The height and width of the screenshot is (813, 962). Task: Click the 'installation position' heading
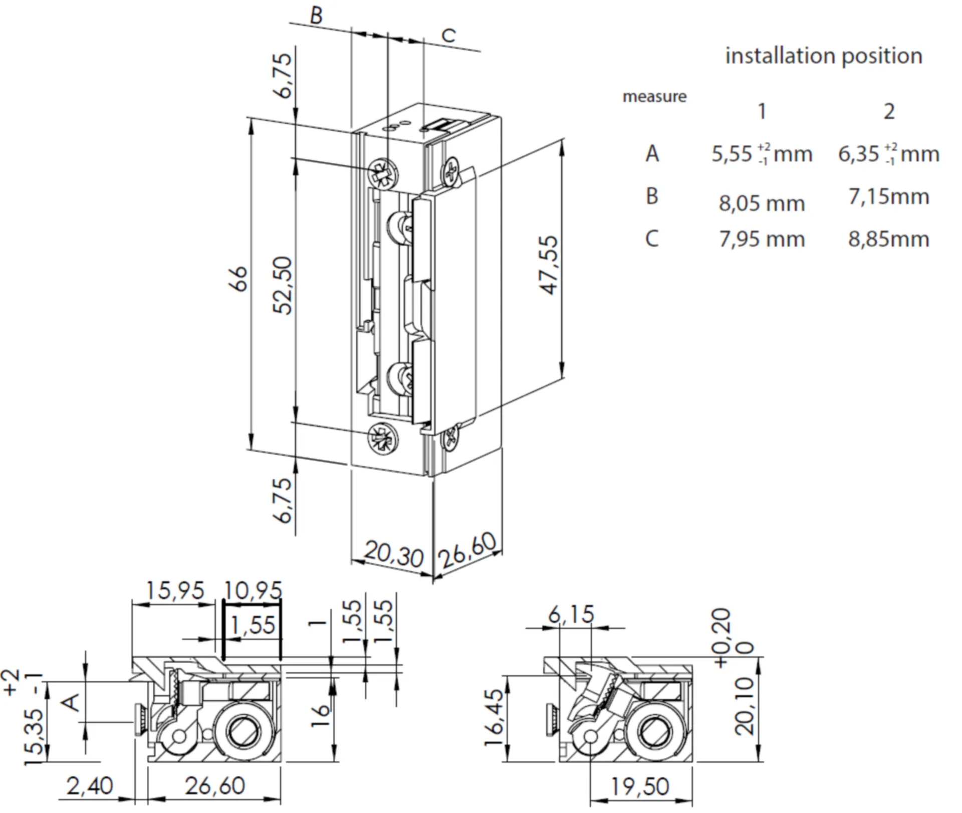click(x=823, y=56)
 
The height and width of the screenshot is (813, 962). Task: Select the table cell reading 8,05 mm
click(x=762, y=203)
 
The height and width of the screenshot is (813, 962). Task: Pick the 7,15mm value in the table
click(x=888, y=196)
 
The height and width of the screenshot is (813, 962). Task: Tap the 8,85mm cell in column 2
click(x=888, y=239)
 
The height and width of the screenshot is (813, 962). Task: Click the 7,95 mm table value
click(x=762, y=239)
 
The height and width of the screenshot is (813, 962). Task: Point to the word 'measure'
click(x=654, y=96)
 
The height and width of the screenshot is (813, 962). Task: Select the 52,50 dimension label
click(x=284, y=285)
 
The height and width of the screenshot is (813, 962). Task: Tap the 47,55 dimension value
click(x=550, y=265)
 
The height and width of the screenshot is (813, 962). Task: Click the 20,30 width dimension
click(x=393, y=553)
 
